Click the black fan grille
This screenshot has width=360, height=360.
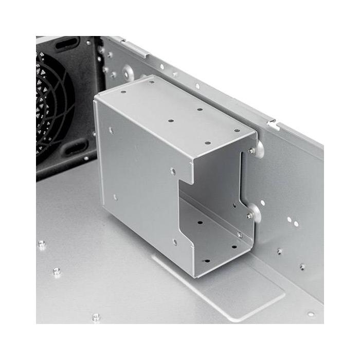pyautogui.click(x=54, y=108)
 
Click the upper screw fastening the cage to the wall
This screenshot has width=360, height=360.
pyautogui.click(x=250, y=150)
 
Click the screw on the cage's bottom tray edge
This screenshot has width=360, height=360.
pyautogui.click(x=240, y=235)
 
